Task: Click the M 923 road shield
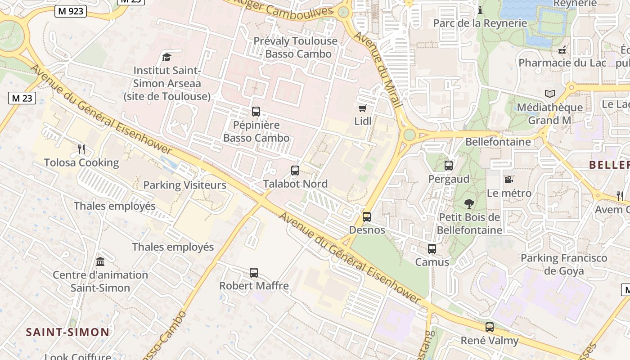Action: [x=71, y=11]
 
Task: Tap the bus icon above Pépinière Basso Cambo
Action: [x=256, y=111]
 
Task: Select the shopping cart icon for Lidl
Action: [x=362, y=108]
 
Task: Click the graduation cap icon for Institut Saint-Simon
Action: [x=167, y=57]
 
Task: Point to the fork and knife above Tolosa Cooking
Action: [x=81, y=149]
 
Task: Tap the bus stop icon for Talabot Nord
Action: [x=295, y=171]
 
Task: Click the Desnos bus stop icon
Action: [x=367, y=217]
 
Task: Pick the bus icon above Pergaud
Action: [x=449, y=166]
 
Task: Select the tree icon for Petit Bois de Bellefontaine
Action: [x=469, y=204]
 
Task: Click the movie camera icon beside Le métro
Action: [x=509, y=180]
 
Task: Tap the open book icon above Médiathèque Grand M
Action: [x=549, y=94]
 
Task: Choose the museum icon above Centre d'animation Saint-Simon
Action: [x=100, y=261]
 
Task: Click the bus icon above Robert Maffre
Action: [x=254, y=272]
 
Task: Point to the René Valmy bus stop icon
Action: [x=490, y=327]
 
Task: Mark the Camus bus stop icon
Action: [x=432, y=248]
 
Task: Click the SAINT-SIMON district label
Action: [x=67, y=333]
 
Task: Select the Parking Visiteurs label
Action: [x=184, y=185]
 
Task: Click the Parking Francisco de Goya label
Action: [x=564, y=265]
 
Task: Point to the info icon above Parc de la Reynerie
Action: [x=480, y=10]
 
